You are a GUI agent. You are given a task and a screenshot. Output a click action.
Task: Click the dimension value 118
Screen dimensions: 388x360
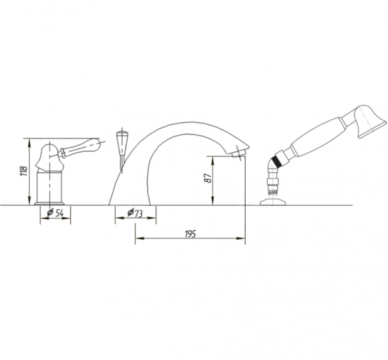[x=24, y=171]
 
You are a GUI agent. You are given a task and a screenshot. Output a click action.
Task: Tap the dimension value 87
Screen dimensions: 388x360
[x=208, y=177]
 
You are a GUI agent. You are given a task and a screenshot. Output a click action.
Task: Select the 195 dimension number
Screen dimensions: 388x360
[x=190, y=234]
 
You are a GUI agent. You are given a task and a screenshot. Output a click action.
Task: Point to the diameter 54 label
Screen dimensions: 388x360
[x=55, y=213]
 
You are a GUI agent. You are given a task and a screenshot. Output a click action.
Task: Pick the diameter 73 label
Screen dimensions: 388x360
[x=135, y=213]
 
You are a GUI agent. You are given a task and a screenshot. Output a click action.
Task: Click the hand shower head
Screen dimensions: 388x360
[x=369, y=122]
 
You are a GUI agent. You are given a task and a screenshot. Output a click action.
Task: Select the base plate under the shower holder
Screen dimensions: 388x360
[x=273, y=202]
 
